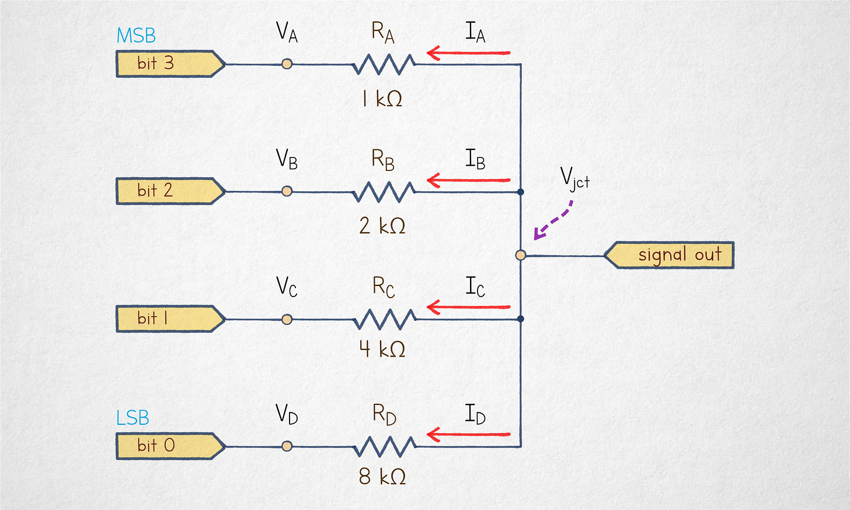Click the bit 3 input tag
[169, 64]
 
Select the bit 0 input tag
[169, 446]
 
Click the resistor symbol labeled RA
[384, 64]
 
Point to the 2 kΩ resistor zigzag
[384, 191]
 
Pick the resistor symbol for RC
[385, 319]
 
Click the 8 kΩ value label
[382, 477]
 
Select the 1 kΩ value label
[382, 99]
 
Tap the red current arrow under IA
[469, 54]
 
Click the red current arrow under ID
[469, 435]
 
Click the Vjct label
[575, 178]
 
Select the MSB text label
[136, 36]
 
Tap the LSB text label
[133, 418]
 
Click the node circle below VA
[287, 64]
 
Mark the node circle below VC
[287, 319]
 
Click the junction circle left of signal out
[521, 255]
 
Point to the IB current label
[475, 159]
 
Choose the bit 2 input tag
[169, 191]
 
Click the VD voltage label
[287, 414]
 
